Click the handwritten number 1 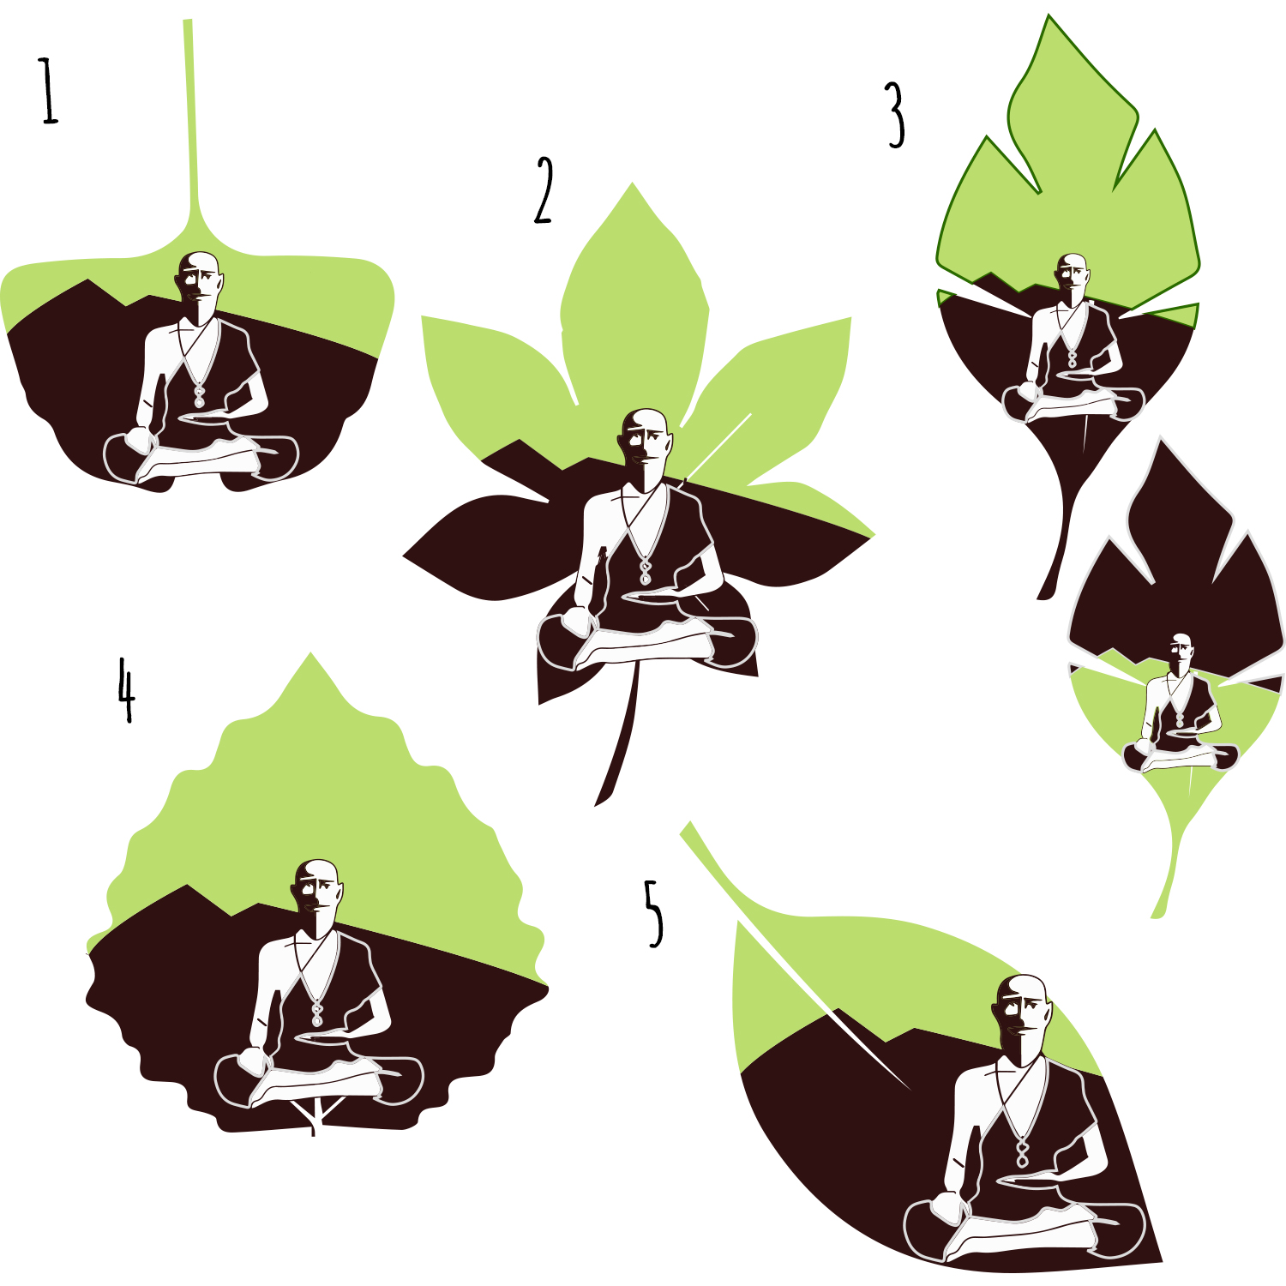coord(49,91)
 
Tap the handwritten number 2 coord(544,190)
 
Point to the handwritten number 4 coord(126,689)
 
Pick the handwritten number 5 coord(654,913)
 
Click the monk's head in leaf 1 coord(201,277)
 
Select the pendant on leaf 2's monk coord(646,572)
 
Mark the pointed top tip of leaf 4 coord(310,653)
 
